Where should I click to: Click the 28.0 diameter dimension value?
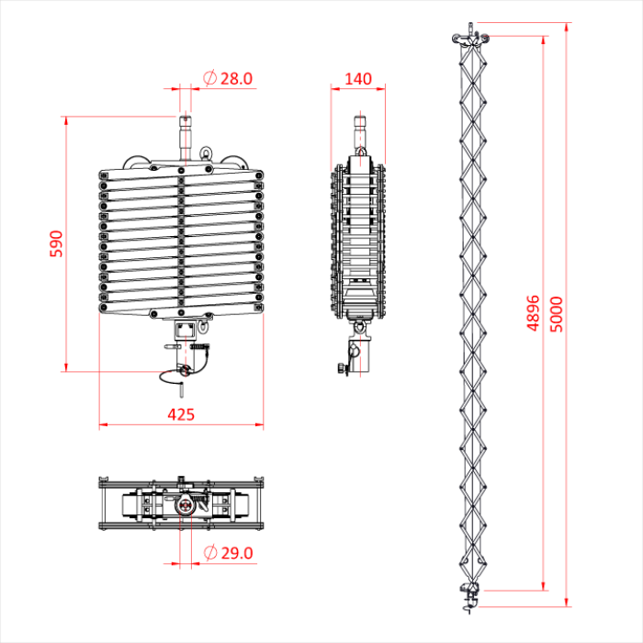[236, 79]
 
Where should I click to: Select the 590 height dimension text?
[54, 243]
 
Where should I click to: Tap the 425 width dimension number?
[181, 414]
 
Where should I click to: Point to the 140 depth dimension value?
[357, 79]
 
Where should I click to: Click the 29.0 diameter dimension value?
[236, 553]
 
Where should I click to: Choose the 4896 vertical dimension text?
[534, 312]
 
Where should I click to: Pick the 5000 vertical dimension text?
[557, 312]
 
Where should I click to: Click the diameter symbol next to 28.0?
[209, 79]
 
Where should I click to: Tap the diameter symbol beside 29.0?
[209, 553]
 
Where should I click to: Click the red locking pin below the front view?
[184, 370]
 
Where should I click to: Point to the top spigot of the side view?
[361, 129]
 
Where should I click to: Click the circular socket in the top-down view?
[184, 504]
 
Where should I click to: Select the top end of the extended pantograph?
[468, 39]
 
